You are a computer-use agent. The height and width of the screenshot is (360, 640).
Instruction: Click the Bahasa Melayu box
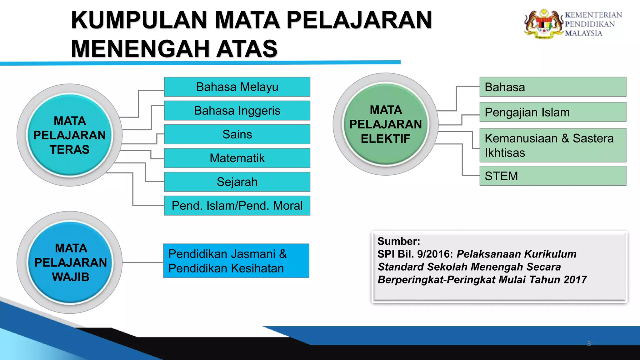[x=237, y=87]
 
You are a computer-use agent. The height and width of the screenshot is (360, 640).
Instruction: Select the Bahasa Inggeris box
[x=237, y=111]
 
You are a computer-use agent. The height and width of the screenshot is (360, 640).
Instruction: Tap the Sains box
[x=237, y=134]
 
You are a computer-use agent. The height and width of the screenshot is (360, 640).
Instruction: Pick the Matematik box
[x=237, y=158]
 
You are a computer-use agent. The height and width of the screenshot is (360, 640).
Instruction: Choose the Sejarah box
[x=237, y=182]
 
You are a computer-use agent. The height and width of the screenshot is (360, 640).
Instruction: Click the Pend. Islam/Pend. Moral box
[x=237, y=206]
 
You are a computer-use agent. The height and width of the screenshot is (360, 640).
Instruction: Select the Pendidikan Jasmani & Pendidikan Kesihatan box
[x=236, y=261]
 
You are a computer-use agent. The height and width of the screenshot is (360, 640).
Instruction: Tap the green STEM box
[x=553, y=176]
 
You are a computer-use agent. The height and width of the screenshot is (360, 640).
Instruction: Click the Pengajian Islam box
[x=553, y=112]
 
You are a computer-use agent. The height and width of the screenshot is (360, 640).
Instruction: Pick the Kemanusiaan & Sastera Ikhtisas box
[x=553, y=145]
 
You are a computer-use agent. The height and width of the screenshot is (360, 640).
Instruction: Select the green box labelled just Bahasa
[x=553, y=87]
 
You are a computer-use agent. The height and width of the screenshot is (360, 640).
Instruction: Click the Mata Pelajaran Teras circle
[x=70, y=135]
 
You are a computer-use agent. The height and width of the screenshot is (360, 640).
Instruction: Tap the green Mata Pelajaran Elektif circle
[x=386, y=124]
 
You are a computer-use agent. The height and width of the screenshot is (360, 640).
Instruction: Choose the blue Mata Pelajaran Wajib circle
[x=70, y=262]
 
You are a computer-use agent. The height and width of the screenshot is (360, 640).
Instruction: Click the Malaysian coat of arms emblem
[x=543, y=24]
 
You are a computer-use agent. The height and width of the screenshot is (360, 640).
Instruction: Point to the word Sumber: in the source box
[x=399, y=241]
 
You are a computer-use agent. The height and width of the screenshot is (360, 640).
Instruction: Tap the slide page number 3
[x=589, y=343]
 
